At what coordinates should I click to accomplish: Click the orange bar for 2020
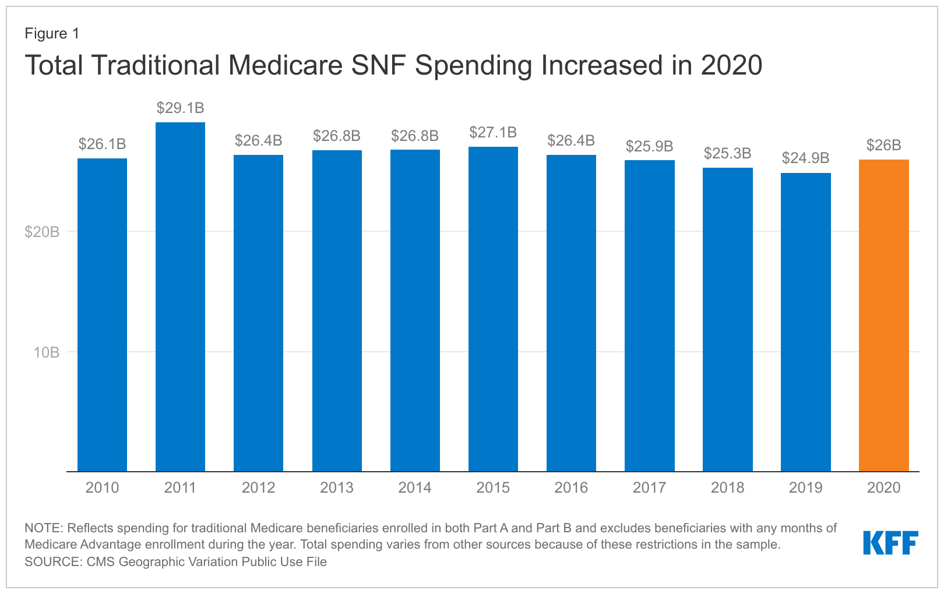(x=883, y=315)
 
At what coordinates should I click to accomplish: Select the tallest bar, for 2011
(x=180, y=296)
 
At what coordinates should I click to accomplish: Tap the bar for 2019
(x=805, y=322)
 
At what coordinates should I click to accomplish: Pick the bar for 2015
(x=493, y=309)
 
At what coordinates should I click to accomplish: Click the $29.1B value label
(x=180, y=108)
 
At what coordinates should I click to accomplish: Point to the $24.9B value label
(x=805, y=158)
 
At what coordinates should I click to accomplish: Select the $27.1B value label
(x=493, y=133)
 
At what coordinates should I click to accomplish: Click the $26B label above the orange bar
(x=883, y=146)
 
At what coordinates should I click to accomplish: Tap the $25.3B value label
(x=727, y=154)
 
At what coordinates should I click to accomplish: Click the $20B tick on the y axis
(x=42, y=232)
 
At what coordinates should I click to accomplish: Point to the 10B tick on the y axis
(x=47, y=352)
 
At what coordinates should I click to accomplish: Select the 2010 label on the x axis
(x=102, y=488)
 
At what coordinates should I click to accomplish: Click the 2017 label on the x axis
(x=649, y=488)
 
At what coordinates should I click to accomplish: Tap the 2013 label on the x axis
(x=336, y=488)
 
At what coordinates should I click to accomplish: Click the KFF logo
(x=890, y=543)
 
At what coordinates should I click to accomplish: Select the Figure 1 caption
(x=52, y=34)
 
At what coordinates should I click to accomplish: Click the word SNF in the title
(x=379, y=65)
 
